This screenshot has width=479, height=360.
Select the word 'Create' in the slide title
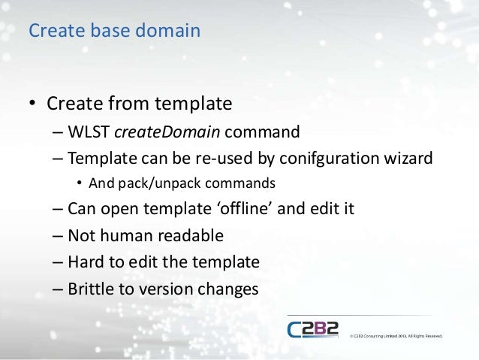51,31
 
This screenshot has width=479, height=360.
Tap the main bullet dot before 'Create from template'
34,103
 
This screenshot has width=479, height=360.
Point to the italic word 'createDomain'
167,133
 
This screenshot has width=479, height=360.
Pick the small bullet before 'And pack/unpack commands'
79,183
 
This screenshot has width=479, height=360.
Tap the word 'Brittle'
91,288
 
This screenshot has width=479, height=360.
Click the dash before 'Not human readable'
59,235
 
